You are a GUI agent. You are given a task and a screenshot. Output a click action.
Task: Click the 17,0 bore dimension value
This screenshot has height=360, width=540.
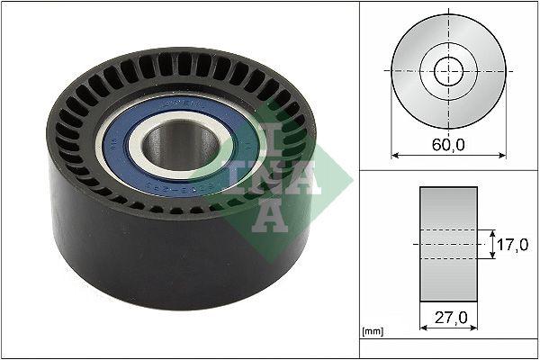pos(513,244)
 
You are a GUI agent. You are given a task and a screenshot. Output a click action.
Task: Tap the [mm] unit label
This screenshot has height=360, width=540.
pos(372,332)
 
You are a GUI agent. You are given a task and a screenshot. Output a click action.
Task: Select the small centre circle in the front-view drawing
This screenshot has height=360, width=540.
pos(447,71)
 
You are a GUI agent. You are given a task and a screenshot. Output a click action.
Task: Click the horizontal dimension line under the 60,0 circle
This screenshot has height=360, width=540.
pos(423,155)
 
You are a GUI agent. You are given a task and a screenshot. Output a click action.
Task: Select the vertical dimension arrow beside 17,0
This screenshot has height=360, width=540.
pos(493,244)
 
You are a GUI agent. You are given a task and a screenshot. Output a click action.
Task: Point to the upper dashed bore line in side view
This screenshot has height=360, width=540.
pos(447,229)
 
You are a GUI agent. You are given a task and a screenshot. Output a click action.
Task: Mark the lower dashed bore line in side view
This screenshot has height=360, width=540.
pos(447,259)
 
